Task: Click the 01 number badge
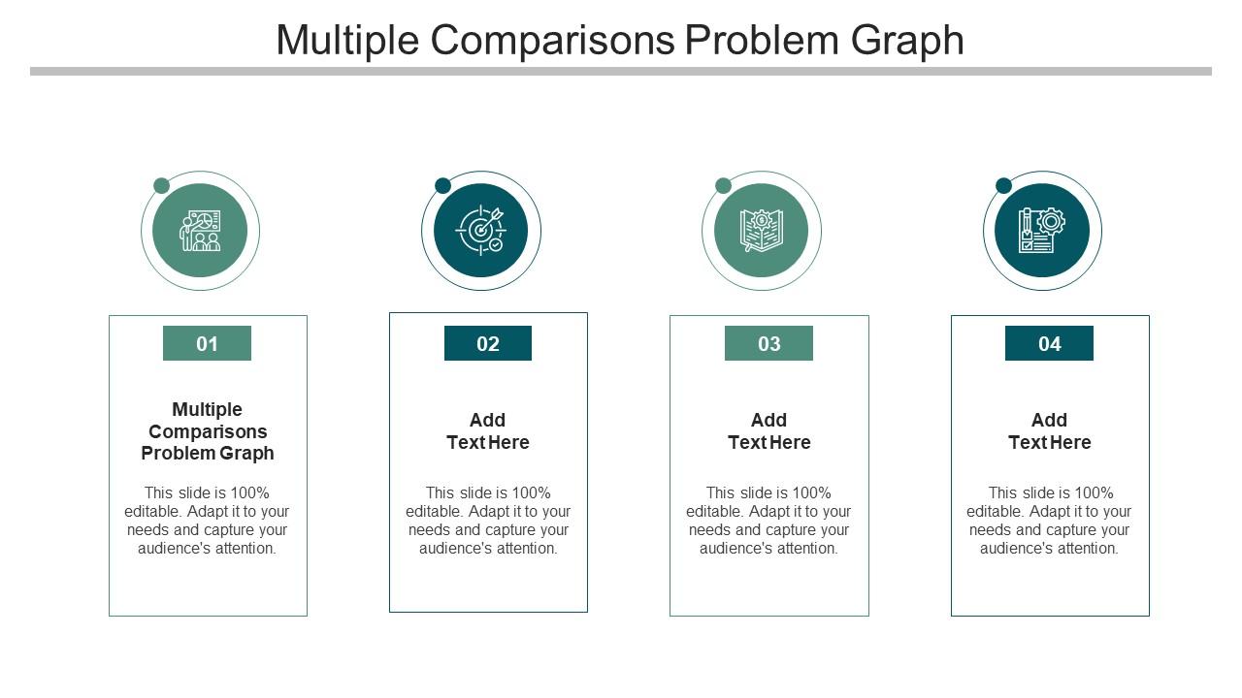coord(207,343)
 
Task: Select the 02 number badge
coord(488,343)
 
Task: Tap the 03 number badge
coord(769,343)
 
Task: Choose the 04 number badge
coord(1049,343)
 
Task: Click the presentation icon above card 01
coord(200,231)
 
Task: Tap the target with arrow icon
coord(480,231)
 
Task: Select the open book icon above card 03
coord(762,231)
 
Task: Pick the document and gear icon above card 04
coord(1042,231)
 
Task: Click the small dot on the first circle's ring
coord(161,185)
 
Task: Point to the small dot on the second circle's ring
coord(443,185)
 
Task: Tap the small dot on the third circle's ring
coord(724,185)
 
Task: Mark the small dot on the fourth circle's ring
coord(1003,185)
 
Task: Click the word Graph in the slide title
coord(907,42)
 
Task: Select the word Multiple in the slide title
coord(347,42)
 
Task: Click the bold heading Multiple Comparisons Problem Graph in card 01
coord(208,431)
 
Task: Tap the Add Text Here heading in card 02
coord(488,431)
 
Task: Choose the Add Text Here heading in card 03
coord(769,431)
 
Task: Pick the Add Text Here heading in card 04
coord(1049,431)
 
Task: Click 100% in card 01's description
coord(249,492)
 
